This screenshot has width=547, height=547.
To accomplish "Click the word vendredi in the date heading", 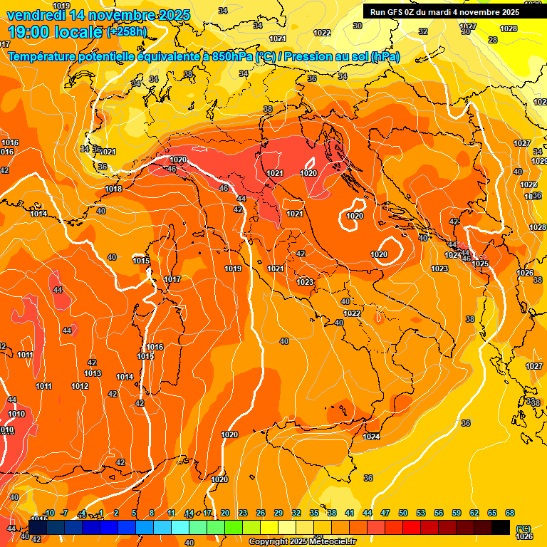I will (x=34, y=15).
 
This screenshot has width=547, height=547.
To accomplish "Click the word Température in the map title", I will (x=43, y=57).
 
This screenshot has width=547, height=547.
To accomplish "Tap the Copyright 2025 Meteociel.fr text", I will (x=302, y=541).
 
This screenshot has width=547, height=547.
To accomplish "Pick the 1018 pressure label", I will (x=113, y=189).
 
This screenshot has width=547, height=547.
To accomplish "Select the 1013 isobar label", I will (x=93, y=373).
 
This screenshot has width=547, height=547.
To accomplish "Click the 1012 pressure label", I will (x=80, y=386).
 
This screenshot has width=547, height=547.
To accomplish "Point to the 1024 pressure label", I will (x=371, y=437).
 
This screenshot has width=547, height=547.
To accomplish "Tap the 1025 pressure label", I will (x=480, y=264).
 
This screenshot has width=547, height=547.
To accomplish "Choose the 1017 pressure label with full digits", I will (x=172, y=279).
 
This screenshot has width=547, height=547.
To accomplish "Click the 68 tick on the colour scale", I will (x=510, y=513).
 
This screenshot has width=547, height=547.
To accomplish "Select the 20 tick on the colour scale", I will (x=225, y=513).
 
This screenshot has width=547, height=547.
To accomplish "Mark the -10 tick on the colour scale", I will (x=48, y=513).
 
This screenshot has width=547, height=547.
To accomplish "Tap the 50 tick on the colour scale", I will (x=403, y=513).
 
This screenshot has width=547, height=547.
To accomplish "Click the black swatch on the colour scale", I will (x=501, y=527).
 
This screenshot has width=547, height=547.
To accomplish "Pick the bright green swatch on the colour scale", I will (x=234, y=527).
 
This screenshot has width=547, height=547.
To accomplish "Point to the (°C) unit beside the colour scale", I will (x=523, y=528).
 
